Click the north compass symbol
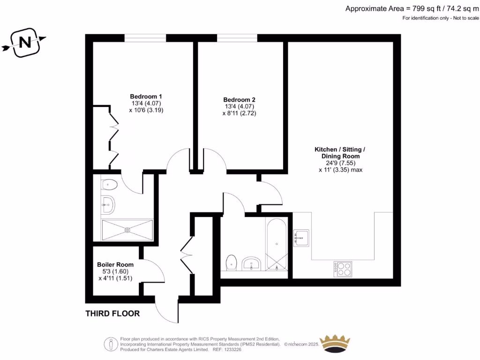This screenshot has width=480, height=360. [x=24, y=43]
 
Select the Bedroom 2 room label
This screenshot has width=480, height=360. [x=239, y=100]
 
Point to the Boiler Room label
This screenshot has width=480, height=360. [x=115, y=265]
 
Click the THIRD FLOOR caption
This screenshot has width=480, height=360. [x=112, y=314]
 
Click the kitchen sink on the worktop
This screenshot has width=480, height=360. [x=301, y=237]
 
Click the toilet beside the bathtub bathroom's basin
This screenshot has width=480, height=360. [x=232, y=263]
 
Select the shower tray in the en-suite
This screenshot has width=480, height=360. [x=127, y=230]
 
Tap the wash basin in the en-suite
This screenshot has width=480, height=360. [x=108, y=203]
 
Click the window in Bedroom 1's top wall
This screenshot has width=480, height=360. [x=145, y=38]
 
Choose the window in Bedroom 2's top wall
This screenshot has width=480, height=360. [x=237, y=38]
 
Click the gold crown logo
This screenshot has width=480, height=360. [x=335, y=343]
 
